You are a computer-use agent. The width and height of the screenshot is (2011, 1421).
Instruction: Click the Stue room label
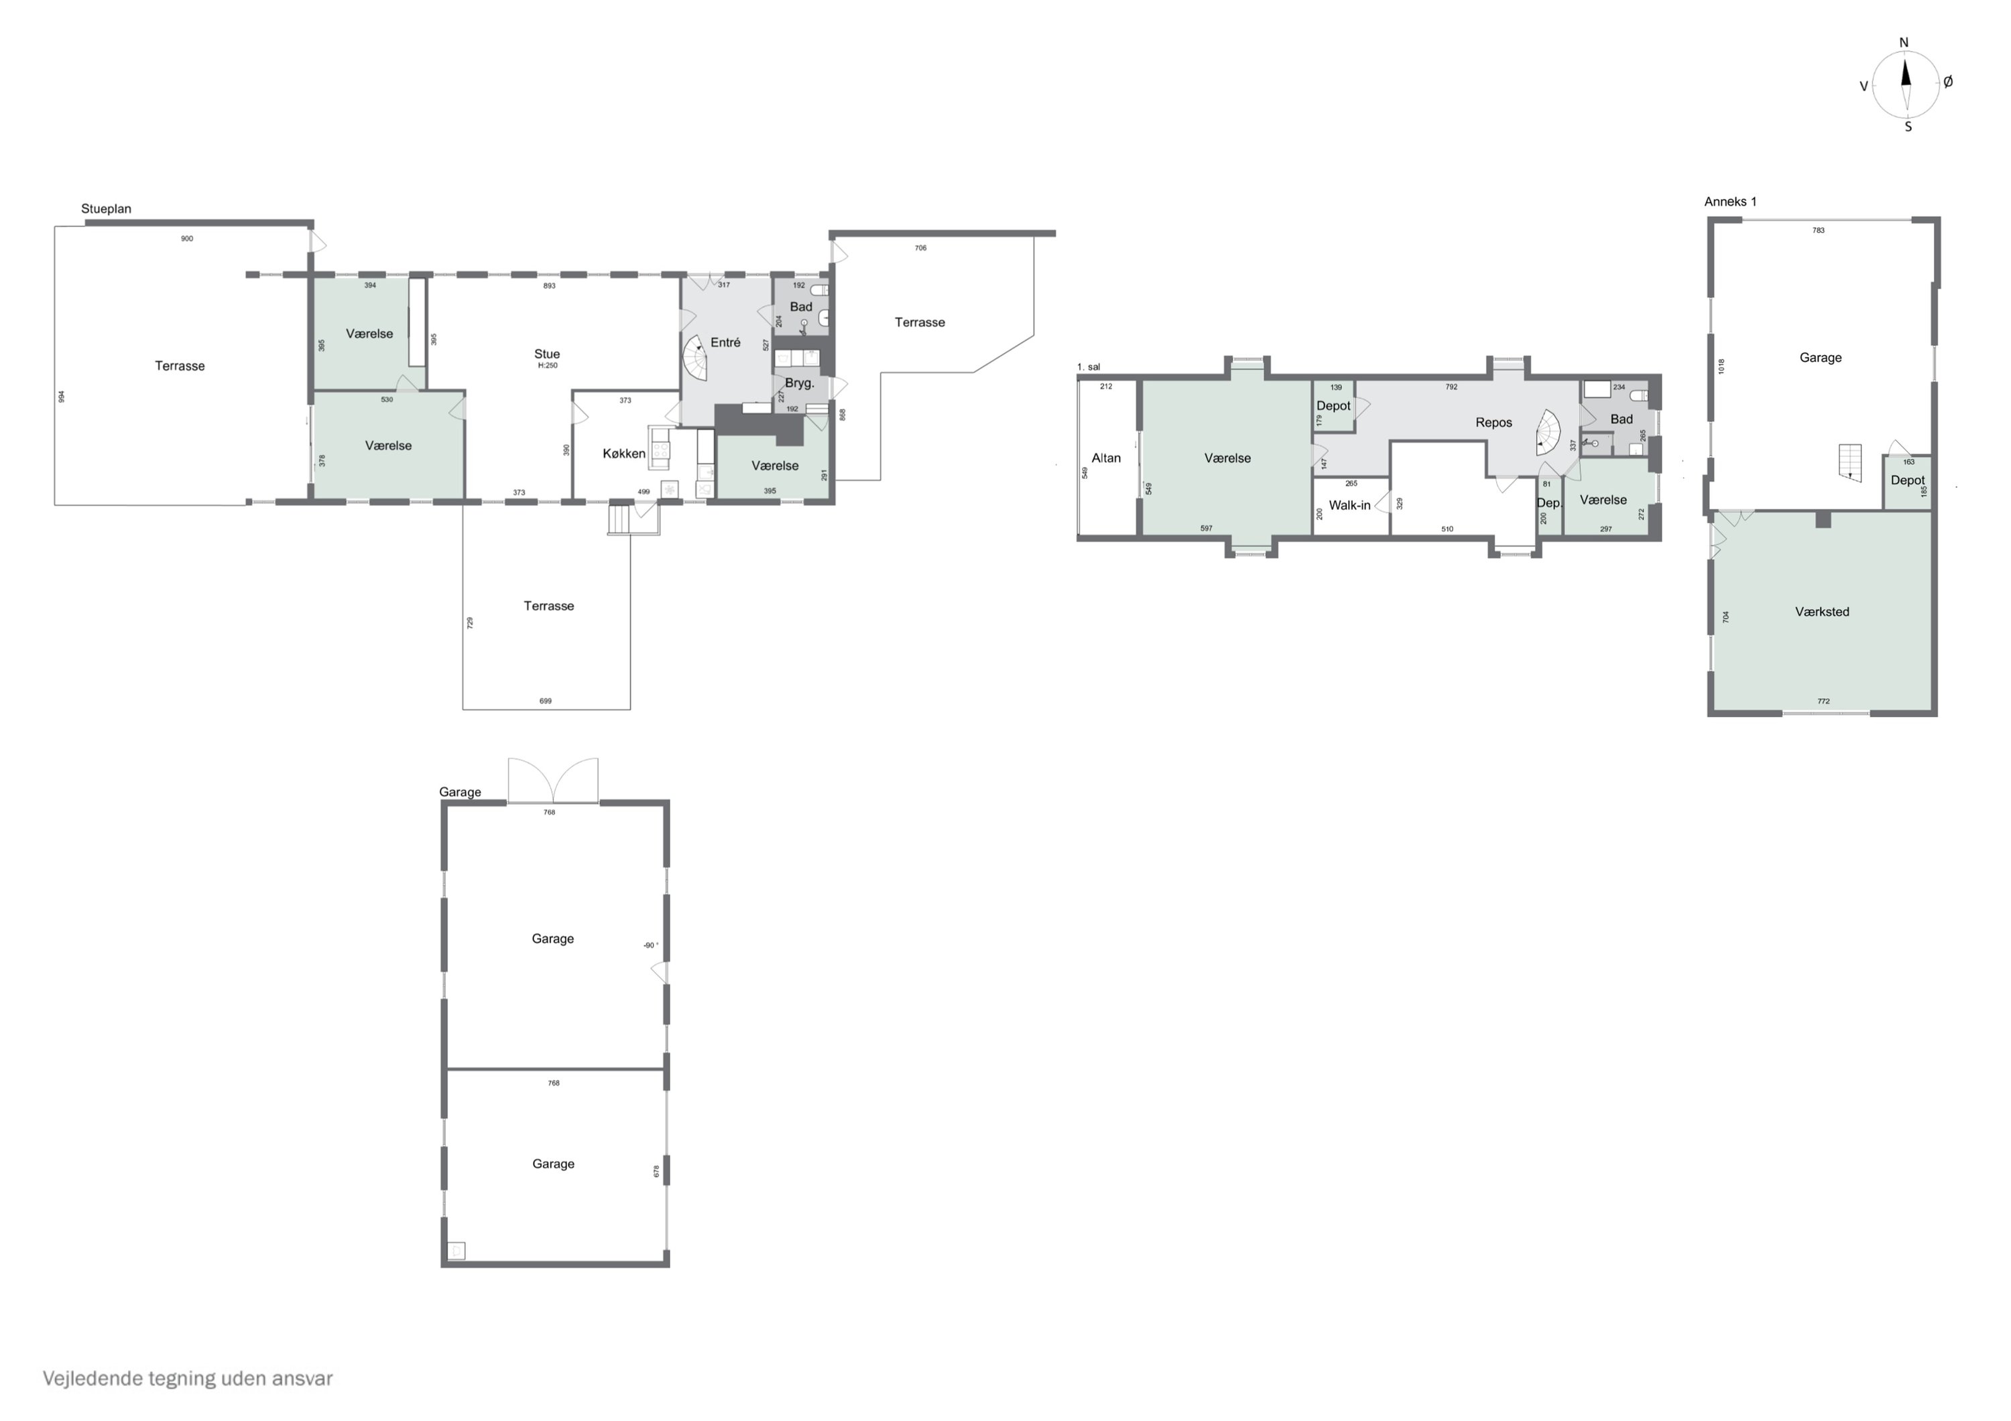[546, 354]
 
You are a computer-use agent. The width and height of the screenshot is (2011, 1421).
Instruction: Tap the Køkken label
[623, 454]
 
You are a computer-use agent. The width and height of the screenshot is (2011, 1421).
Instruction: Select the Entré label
[725, 342]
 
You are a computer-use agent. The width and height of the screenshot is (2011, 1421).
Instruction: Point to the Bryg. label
[799, 383]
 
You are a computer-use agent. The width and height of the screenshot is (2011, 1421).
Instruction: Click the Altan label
[1105, 458]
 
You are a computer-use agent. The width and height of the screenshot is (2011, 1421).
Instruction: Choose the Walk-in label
[1349, 505]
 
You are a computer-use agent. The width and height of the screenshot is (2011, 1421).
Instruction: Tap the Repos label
[1494, 423]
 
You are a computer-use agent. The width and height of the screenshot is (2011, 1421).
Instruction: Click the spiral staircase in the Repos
[1548, 433]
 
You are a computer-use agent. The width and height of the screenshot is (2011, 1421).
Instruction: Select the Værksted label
[1822, 612]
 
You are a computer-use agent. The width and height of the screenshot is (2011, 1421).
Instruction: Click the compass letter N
[1903, 42]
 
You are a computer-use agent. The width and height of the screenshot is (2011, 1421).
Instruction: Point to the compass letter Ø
[1948, 82]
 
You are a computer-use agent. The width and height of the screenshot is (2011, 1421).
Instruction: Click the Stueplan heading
[106, 208]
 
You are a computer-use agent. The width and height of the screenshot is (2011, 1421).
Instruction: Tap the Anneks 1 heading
[1730, 202]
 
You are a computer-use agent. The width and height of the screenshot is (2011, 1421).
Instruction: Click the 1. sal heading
[1088, 367]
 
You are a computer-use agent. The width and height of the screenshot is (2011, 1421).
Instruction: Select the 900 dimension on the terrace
[186, 238]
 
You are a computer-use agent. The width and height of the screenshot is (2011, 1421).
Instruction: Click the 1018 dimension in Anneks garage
[1721, 367]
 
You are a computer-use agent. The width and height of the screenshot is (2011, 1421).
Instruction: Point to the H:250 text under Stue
[546, 366]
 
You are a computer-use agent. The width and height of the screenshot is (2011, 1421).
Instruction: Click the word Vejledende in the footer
[92, 1379]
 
